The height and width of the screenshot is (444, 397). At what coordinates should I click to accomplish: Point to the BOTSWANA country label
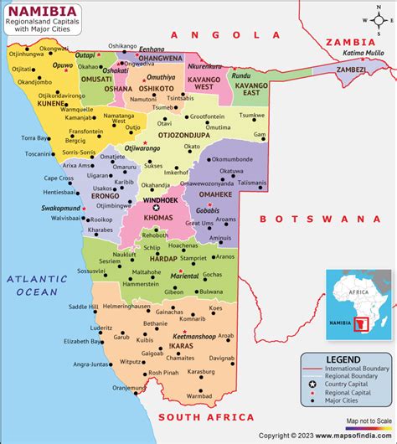point(313,219)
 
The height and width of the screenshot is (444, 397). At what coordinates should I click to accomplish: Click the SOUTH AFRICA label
point(206,417)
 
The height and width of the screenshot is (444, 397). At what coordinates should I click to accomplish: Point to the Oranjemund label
point(129,387)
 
